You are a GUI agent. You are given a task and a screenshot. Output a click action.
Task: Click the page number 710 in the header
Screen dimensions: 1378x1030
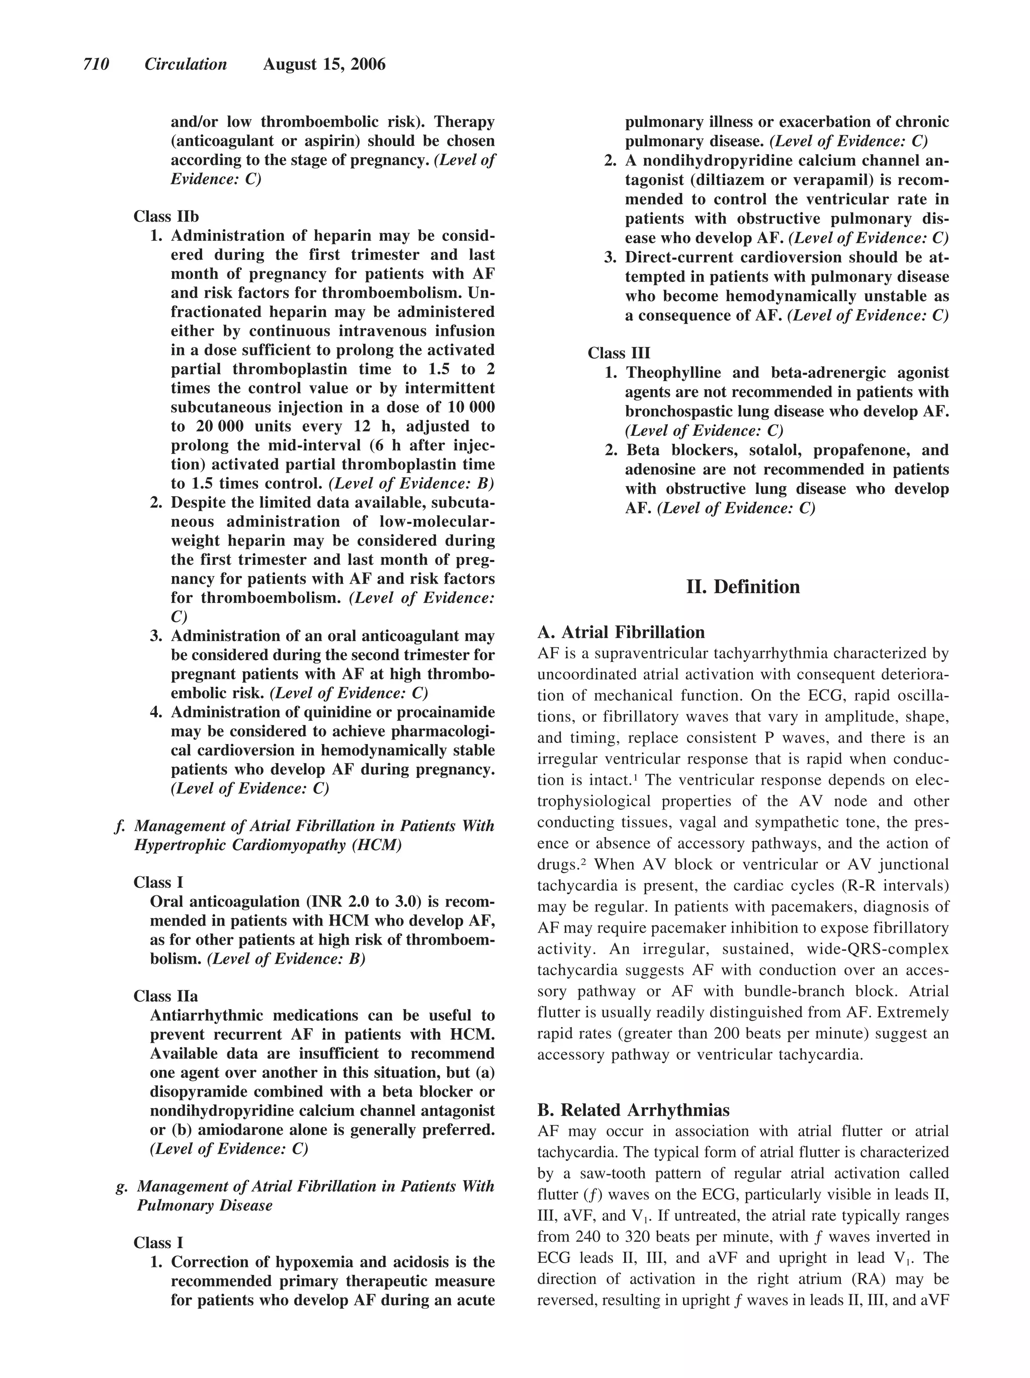click(96, 64)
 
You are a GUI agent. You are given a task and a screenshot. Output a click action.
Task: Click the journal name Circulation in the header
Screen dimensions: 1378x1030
click(186, 64)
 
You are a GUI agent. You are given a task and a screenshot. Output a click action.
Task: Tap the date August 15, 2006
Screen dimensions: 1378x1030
click(324, 64)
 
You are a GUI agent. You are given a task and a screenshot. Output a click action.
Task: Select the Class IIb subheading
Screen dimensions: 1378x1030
click(166, 216)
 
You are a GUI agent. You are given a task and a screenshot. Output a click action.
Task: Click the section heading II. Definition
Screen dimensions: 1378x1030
click(743, 587)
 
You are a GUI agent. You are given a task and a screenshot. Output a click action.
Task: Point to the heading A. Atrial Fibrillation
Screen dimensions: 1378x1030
click(621, 632)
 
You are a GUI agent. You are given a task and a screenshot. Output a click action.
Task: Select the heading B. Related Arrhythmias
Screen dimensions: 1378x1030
click(633, 1110)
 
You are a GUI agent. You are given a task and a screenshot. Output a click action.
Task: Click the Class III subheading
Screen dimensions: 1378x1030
click(618, 353)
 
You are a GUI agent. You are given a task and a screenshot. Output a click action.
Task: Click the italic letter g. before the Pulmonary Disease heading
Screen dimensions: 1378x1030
click(122, 1186)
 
